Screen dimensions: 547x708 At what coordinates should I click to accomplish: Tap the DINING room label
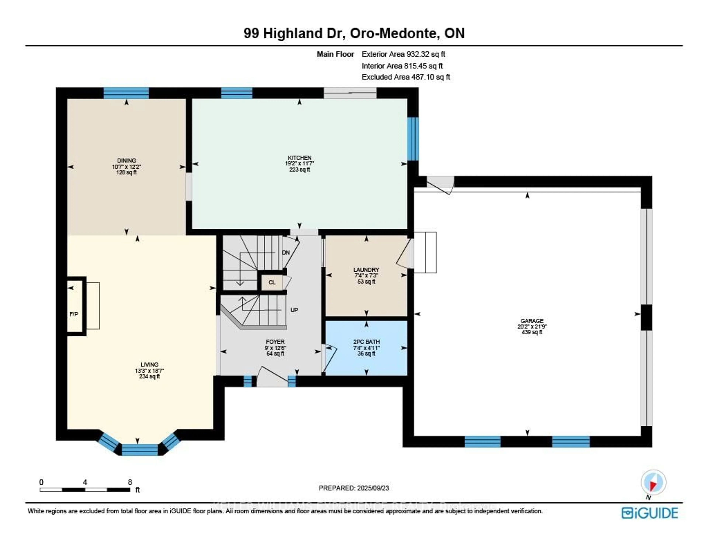[126, 160]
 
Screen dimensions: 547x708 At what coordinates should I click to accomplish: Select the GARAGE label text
[532, 321]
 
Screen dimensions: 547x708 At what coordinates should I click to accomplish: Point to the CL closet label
[272, 282]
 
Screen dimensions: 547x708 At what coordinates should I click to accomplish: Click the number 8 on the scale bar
[130, 482]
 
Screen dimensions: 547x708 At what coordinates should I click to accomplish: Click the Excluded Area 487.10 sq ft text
[406, 77]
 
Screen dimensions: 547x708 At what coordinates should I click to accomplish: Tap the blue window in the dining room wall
[126, 93]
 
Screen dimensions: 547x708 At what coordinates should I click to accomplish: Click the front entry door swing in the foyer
[272, 376]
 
